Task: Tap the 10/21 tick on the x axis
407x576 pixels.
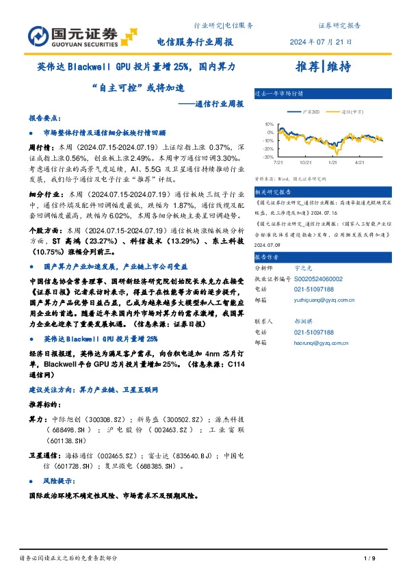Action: point(305,163)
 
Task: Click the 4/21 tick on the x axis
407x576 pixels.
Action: point(360,163)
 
